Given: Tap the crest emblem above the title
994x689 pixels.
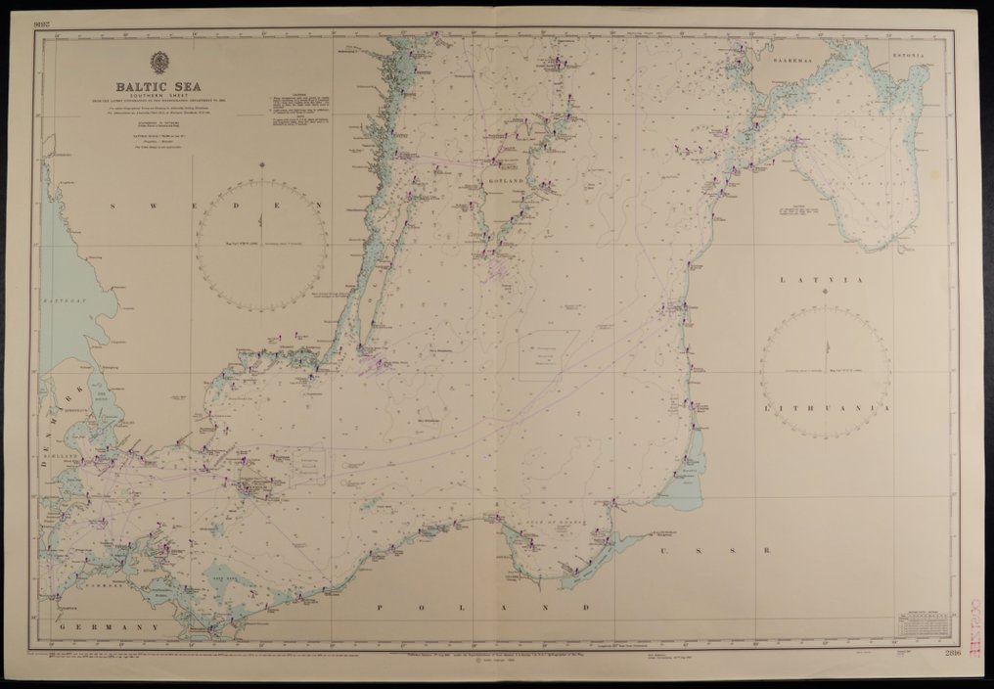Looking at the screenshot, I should point(158,62).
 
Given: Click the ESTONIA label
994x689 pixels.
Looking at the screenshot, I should point(907,56).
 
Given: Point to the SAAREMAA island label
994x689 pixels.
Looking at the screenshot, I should point(790,60).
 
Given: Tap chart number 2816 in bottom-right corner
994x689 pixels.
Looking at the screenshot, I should point(953,653).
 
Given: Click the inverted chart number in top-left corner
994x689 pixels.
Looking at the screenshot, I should point(41,24).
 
